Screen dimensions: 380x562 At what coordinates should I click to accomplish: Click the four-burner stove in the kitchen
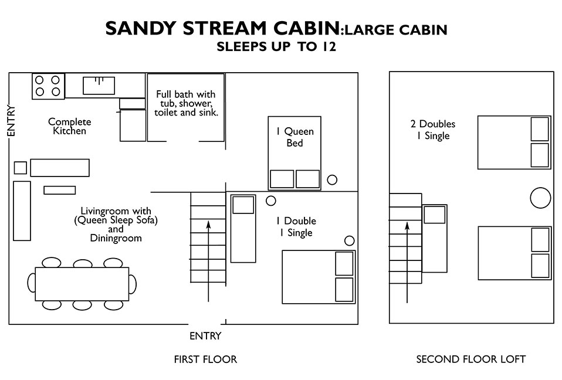coord(48,86)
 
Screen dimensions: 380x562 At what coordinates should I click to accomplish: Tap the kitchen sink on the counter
coord(99,86)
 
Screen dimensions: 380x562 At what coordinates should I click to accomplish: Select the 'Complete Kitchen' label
coord(70,126)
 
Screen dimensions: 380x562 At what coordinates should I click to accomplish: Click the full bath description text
coord(185,103)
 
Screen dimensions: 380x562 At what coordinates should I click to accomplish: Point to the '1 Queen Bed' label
coord(294,137)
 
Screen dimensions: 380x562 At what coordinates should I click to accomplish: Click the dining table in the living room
coord(82,284)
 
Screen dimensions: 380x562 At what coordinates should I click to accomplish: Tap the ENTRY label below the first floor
coord(205,336)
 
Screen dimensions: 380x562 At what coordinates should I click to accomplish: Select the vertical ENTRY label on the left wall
coord(10,121)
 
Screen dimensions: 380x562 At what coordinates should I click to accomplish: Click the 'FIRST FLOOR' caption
coord(205,359)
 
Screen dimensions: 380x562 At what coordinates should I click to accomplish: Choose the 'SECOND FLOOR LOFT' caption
coord(470,359)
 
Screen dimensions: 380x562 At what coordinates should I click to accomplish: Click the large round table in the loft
coord(540,198)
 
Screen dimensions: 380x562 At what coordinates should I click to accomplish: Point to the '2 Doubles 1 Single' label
coord(433,130)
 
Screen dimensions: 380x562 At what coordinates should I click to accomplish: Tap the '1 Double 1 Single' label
coord(296,226)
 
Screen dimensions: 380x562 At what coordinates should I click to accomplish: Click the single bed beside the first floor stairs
coord(243,228)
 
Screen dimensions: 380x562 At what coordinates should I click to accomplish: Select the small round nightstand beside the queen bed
coord(331,180)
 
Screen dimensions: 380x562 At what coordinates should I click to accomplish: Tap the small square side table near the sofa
coord(20,168)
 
